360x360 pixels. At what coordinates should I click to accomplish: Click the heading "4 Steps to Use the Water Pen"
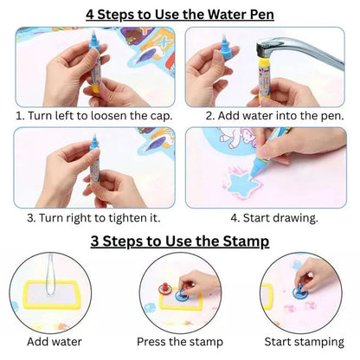(180, 13)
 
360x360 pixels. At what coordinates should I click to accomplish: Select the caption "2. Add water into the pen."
(268, 114)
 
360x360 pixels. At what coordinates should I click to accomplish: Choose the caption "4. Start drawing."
(268, 217)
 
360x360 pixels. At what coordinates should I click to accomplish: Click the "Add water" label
(53, 343)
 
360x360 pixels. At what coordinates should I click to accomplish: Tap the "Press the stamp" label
(179, 343)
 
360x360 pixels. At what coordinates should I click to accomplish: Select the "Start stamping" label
(307, 343)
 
